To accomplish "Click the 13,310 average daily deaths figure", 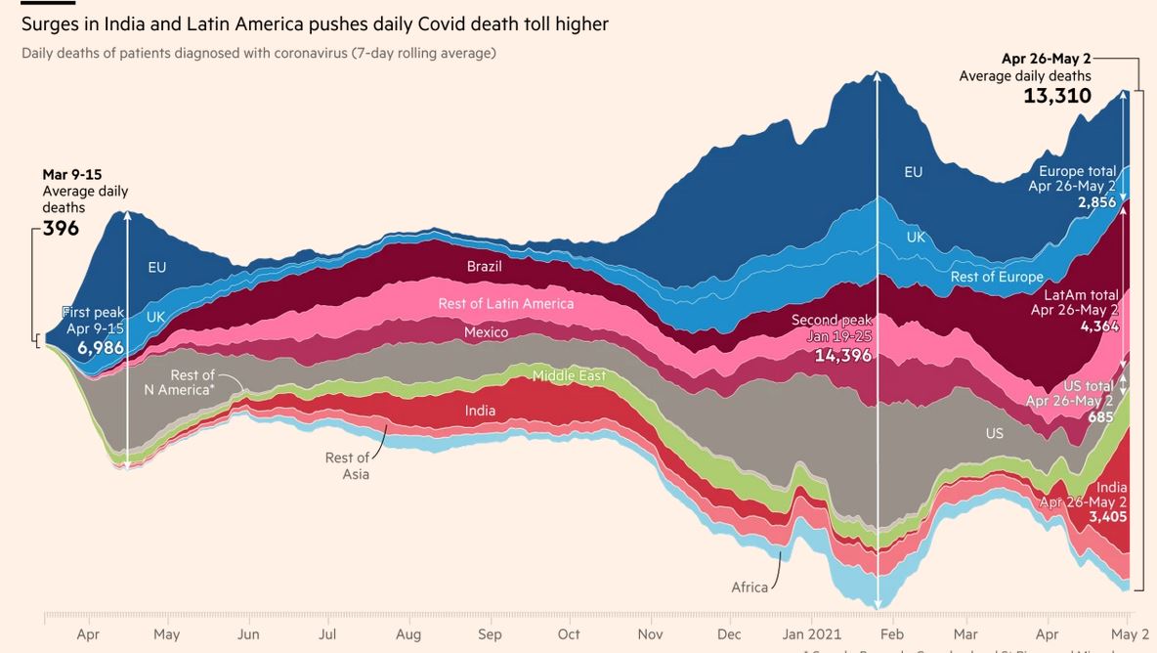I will pos(1057,96).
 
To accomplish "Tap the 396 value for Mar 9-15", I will pos(61,229).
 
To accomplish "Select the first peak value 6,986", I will pos(101,347).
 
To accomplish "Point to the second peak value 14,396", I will pos(842,356).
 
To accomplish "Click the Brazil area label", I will pos(484,267).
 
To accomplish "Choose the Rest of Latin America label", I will pos(505,303).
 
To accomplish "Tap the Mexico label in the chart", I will pos(486,332).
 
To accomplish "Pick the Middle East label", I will pos(569,375).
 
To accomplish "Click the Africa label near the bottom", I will pos(750,588).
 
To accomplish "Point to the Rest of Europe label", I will pos(997,277).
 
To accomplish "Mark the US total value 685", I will pos(1100,417).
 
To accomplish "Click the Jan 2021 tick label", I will pos(812,634).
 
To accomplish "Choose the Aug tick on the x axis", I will pos(408,634).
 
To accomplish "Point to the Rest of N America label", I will pos(179,382).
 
